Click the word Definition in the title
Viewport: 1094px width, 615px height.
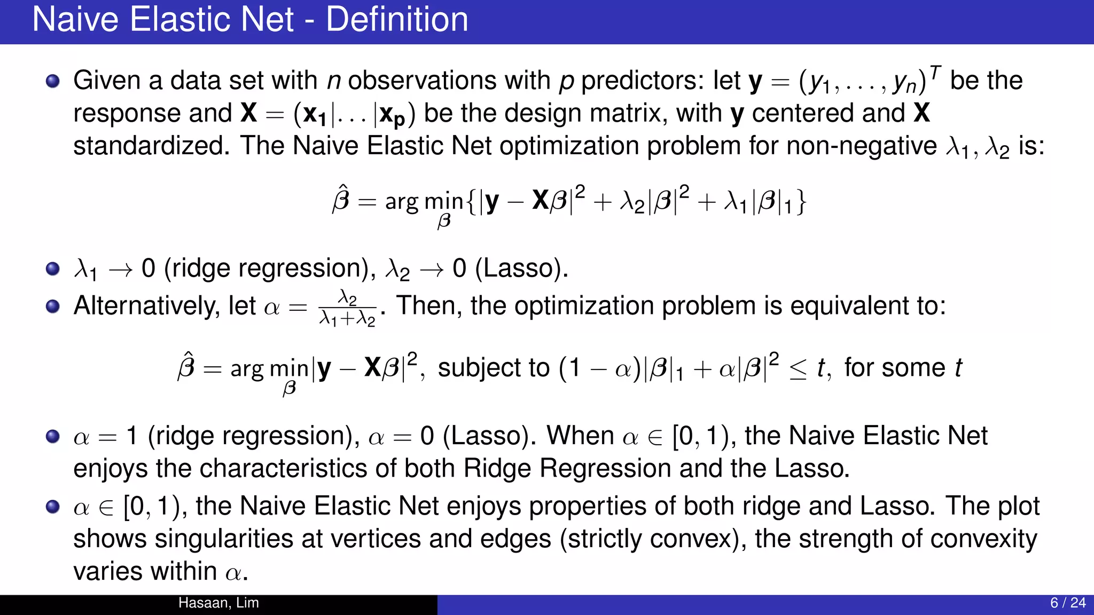397,20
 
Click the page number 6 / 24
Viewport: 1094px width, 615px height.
1067,603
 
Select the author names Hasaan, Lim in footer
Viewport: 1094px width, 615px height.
218,603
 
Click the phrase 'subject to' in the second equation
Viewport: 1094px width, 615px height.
494,368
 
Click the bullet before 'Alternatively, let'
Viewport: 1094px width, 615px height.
52,306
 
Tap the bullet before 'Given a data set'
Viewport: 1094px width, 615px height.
52,81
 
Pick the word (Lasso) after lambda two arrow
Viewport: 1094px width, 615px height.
521,268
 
